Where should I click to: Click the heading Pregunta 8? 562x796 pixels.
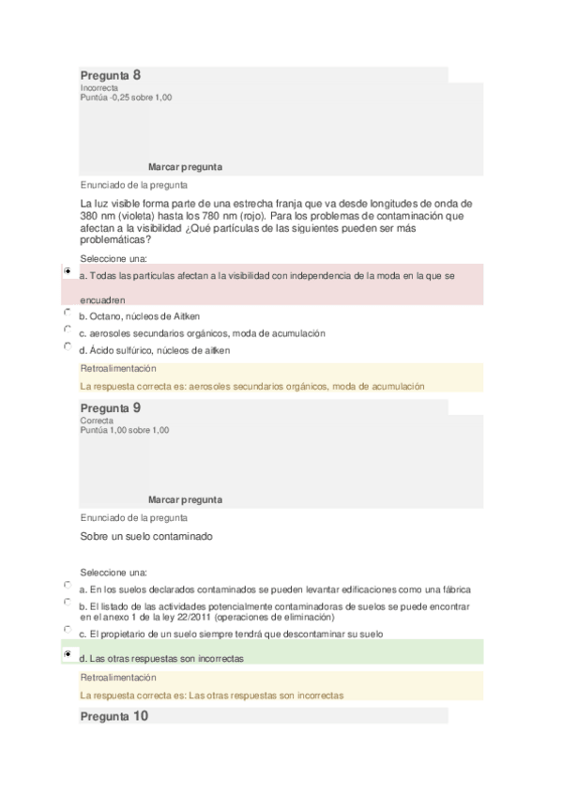110,74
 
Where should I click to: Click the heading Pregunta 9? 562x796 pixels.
110,408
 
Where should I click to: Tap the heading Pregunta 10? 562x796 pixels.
114,716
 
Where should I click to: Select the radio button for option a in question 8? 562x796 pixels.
68,270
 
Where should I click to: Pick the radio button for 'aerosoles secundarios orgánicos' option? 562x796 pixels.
68,329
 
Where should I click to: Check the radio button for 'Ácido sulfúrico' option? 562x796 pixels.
68,345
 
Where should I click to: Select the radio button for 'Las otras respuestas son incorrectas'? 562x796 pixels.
68,653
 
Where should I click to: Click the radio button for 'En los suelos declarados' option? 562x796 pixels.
68,585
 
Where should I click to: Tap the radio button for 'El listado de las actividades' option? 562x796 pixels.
68,602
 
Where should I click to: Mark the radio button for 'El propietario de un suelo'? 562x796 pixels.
68,629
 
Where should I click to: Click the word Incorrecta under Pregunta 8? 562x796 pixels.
99,88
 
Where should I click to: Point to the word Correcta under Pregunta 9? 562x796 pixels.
97,421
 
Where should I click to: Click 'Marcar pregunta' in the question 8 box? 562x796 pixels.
185,167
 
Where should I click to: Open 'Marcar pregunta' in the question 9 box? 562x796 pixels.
185,500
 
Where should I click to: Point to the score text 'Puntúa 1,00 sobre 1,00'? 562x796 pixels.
125,430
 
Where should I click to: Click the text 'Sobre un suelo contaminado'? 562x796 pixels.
146,537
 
